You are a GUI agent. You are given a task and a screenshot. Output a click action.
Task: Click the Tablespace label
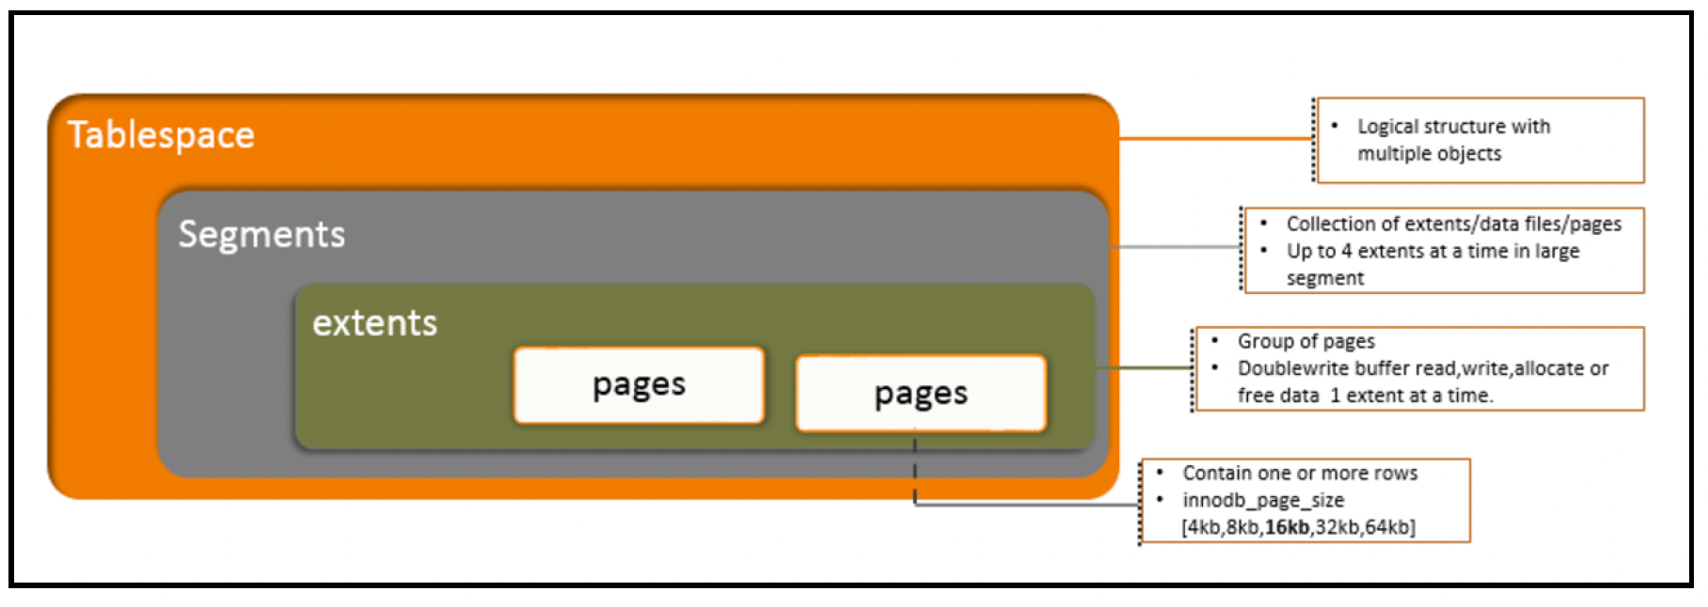coord(161,135)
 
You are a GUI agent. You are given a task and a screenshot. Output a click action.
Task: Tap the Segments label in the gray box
coord(261,235)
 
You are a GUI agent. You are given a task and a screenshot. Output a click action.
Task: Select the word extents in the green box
coord(374,323)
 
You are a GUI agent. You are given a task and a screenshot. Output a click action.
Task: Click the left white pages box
coord(639,385)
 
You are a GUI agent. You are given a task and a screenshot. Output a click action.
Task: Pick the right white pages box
coord(921,394)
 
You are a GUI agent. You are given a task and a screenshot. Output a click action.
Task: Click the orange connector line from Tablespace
coord(1216,138)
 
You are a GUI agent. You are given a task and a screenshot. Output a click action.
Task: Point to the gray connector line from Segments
coord(1176,247)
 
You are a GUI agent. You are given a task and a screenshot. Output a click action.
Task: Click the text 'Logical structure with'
coord(1453,126)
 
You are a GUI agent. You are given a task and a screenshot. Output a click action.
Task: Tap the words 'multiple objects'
coord(1429,153)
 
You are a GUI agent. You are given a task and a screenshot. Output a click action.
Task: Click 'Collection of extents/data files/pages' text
coord(1454,224)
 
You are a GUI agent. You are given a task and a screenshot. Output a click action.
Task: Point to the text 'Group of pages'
coord(1305,341)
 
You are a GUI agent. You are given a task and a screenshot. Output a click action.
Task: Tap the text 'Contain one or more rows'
coord(1300,474)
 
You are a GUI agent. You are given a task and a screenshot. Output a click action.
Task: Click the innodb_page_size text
coord(1263,501)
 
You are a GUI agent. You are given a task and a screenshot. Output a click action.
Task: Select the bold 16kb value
coord(1287,527)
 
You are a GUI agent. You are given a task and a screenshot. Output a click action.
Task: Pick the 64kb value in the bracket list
coord(1388,527)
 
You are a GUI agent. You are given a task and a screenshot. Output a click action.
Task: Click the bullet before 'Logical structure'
coord(1335,125)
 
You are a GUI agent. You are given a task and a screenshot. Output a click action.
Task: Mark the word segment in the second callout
coord(1325,278)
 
